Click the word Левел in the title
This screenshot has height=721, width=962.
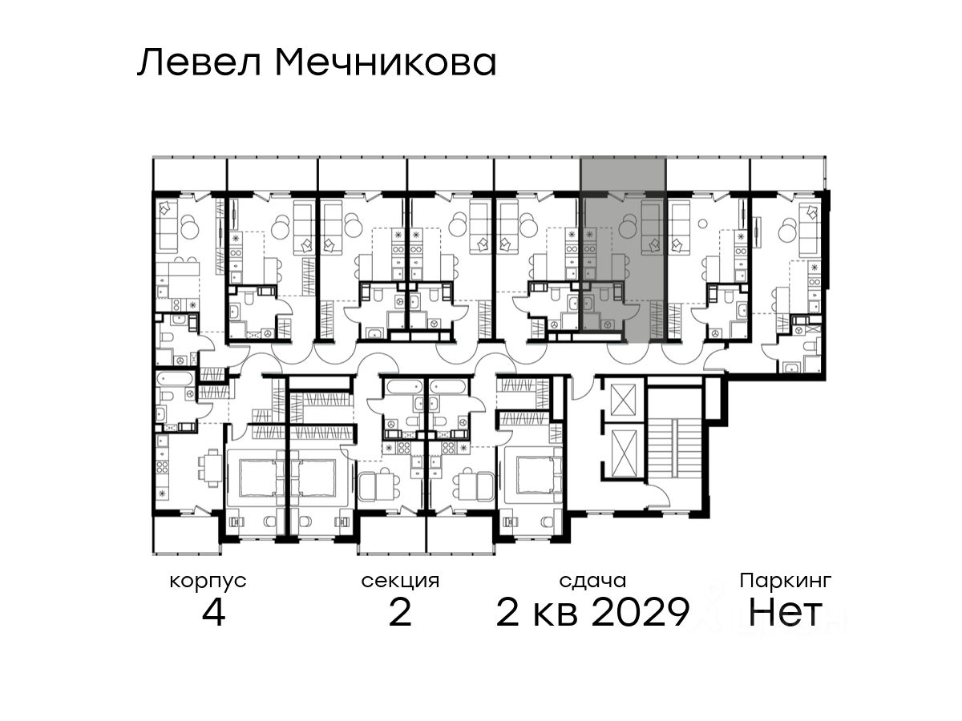click(x=200, y=63)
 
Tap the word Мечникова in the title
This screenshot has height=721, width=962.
click(x=386, y=63)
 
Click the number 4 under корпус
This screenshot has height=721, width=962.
click(x=213, y=612)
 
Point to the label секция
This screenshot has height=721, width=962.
click(x=400, y=582)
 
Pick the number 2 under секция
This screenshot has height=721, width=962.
click(x=400, y=612)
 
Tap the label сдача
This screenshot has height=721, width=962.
click(x=592, y=582)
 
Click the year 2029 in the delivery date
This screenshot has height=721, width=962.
click(x=641, y=612)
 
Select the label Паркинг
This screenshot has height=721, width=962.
click(x=786, y=582)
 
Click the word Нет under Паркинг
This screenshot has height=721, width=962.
click(x=785, y=612)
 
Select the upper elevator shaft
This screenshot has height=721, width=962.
click(x=623, y=400)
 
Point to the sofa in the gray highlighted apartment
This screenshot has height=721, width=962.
click(x=652, y=228)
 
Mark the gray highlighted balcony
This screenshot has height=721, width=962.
click(x=623, y=174)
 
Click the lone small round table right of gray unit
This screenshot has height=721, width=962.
click(x=702, y=224)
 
